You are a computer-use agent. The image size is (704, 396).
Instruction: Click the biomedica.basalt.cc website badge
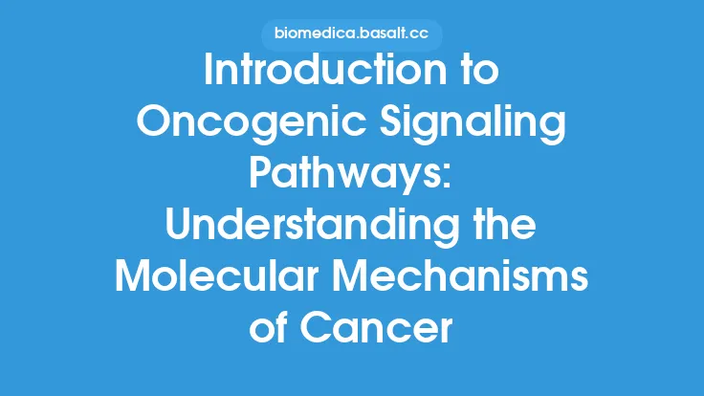pos(351,35)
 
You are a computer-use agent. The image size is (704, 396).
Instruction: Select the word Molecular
pos(221,276)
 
